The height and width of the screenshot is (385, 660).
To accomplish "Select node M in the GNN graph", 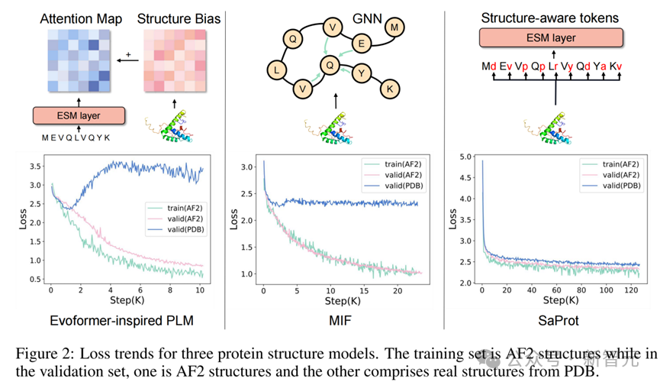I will coord(394,28).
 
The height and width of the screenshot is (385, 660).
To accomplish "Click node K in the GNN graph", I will coord(391,89).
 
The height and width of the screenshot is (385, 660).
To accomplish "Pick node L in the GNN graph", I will coord(276,71).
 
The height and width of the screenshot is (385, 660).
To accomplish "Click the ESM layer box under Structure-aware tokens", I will coord(551,39).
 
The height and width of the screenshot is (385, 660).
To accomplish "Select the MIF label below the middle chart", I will coord(341,320).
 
